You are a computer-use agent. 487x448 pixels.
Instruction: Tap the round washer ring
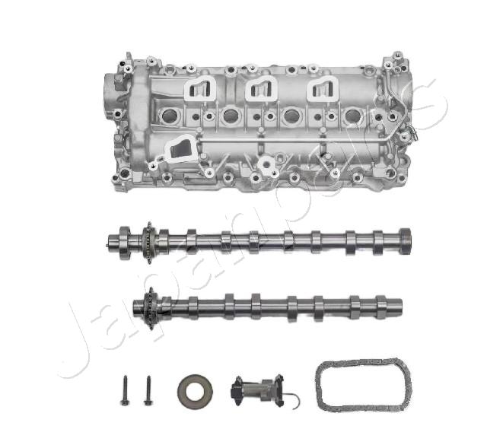[195, 391]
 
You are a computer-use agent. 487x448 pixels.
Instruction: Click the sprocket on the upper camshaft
[148, 243]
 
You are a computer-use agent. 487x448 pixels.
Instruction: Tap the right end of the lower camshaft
[395, 307]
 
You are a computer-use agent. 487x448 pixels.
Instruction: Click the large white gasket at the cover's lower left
[179, 148]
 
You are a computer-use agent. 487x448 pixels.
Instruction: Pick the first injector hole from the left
[170, 116]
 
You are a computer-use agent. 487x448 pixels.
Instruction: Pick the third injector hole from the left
[291, 116]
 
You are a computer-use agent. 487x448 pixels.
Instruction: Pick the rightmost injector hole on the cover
[352, 116]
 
